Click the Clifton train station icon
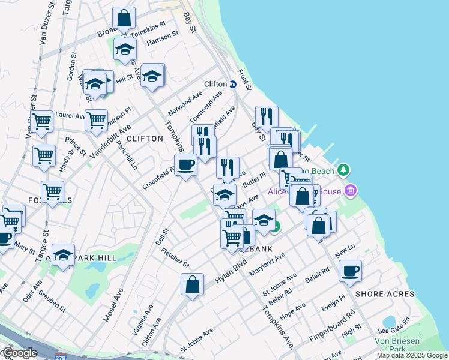(x=232, y=85)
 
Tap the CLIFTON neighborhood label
(x=145, y=139)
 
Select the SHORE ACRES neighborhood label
(x=385, y=294)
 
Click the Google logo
(x=19, y=353)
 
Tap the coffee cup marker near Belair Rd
(x=350, y=271)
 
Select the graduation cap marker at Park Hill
(x=63, y=255)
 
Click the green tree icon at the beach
(x=343, y=170)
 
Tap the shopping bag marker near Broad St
(x=124, y=19)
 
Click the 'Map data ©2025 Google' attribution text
(x=412, y=355)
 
